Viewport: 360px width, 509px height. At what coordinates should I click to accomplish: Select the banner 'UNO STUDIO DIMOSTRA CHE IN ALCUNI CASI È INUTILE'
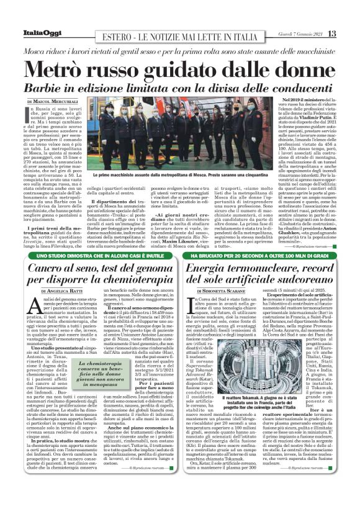point(99,256)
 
